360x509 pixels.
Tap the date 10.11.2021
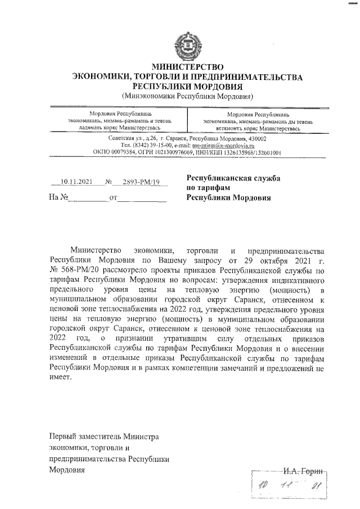click(x=76, y=182)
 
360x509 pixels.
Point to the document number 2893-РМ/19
click(x=138, y=182)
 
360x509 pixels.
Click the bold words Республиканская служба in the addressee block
click(x=233, y=178)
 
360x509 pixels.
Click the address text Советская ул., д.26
click(x=132, y=138)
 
